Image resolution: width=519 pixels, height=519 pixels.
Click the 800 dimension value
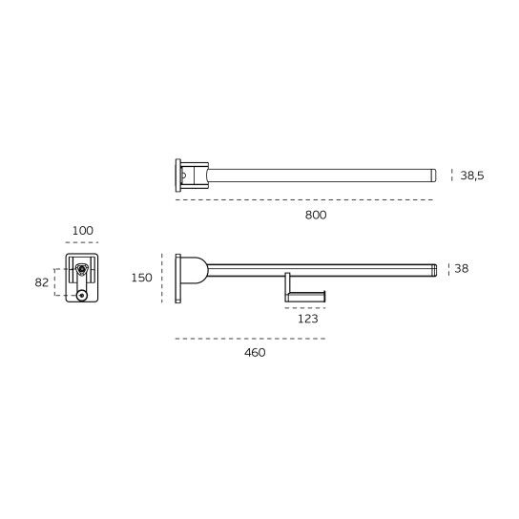[316, 216]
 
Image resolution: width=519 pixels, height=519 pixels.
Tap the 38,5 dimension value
[472, 176]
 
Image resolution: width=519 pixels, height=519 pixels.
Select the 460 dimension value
[255, 352]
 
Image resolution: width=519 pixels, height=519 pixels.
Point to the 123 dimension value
[308, 319]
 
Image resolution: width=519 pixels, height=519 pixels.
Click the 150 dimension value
[141, 278]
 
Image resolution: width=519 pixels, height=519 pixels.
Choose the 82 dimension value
[42, 282]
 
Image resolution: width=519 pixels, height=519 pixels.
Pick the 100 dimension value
[83, 230]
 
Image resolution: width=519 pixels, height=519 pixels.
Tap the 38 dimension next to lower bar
[462, 268]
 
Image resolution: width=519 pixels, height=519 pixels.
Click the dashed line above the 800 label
[304, 200]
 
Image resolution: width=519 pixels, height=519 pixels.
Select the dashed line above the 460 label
[250, 339]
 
